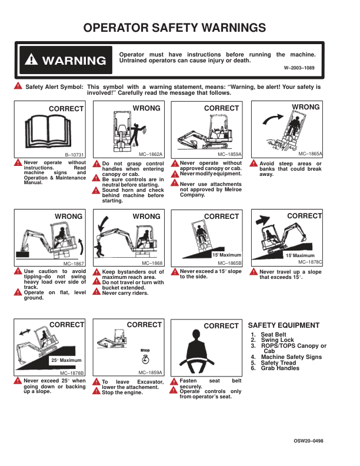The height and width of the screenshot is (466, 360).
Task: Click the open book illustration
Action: click(48, 131)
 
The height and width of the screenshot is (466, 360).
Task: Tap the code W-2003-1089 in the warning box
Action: click(299, 68)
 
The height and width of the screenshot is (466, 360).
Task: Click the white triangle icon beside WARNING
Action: click(31, 59)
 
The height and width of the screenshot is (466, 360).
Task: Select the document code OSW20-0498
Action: click(308, 441)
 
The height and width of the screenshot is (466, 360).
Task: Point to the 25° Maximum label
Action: click(66, 360)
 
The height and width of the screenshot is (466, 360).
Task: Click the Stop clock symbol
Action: click(145, 360)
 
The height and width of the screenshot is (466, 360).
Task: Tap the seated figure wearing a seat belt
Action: click(196, 352)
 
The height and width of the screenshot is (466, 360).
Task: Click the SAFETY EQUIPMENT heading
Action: click(284, 325)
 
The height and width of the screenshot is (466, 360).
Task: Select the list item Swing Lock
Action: click(278, 339)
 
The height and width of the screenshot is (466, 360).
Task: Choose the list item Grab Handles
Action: click(280, 368)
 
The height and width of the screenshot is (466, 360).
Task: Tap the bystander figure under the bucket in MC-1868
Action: click(99, 249)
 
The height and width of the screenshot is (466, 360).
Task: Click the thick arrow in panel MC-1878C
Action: click(262, 220)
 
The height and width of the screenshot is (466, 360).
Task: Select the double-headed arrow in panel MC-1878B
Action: click(25, 332)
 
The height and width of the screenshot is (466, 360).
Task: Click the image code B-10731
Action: click(74, 155)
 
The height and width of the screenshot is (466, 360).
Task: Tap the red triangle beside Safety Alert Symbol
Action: click(18, 85)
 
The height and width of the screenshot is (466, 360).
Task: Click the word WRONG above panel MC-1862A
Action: click(146, 108)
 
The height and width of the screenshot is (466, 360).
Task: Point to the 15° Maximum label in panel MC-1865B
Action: click(226, 255)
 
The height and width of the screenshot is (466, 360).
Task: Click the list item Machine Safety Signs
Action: click(291, 357)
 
